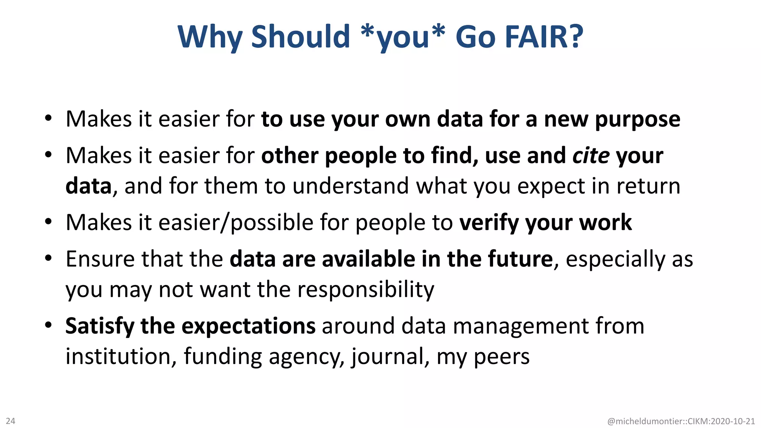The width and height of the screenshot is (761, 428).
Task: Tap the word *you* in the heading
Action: point(403,37)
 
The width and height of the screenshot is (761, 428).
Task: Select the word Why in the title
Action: point(210,37)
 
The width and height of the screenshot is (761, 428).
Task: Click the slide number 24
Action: point(10,421)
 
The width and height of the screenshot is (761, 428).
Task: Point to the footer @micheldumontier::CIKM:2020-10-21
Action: point(681,421)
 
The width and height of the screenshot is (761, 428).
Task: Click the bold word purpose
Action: point(637,120)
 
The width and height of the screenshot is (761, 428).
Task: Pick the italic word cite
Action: point(591,155)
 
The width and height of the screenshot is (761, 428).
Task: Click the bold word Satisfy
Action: point(100,326)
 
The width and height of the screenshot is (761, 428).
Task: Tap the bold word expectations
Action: point(248,326)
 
